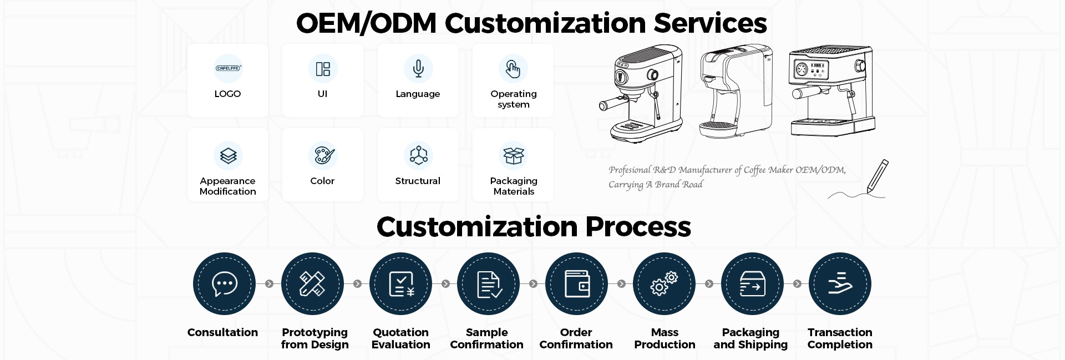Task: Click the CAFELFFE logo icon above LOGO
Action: (x=228, y=68)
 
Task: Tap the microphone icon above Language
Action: (x=418, y=68)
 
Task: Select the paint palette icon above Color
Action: (x=323, y=155)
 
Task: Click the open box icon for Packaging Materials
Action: (x=514, y=155)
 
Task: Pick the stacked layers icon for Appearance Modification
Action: (x=228, y=155)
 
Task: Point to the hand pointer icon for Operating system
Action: (x=513, y=68)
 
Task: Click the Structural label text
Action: (x=418, y=181)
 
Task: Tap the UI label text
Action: (x=322, y=94)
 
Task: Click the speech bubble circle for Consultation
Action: (x=224, y=283)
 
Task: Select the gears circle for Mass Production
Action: (x=664, y=283)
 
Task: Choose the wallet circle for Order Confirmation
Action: (x=576, y=283)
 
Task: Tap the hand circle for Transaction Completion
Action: (x=840, y=283)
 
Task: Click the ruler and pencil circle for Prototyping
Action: (x=312, y=283)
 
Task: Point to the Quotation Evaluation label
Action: (x=400, y=338)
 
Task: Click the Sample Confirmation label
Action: (x=486, y=338)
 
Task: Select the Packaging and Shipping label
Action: (x=750, y=338)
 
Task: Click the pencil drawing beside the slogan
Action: (x=876, y=177)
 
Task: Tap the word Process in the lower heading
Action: (x=638, y=227)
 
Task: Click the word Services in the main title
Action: (x=710, y=23)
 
